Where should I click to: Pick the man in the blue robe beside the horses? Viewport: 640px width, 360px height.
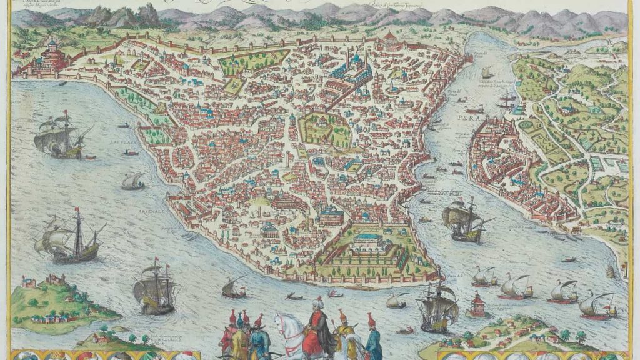coord(373,341)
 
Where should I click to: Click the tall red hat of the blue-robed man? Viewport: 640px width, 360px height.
coord(371,318)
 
